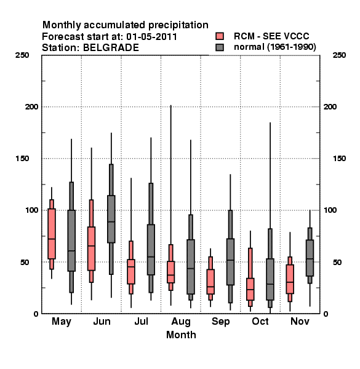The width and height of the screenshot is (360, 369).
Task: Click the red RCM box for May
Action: pyautogui.click(x=52, y=234)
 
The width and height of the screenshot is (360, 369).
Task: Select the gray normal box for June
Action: pyautogui.click(x=111, y=219)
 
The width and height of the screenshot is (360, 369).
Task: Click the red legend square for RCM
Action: pyautogui.click(x=220, y=36)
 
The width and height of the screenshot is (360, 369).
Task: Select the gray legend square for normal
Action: pyautogui.click(x=220, y=47)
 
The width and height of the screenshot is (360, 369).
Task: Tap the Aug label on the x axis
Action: pyautogui.click(x=181, y=322)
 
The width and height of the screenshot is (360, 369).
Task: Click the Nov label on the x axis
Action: pyautogui.click(x=300, y=321)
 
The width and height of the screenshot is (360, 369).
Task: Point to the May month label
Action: pyautogui.click(x=62, y=322)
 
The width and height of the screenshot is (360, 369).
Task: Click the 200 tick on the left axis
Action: pyautogui.click(x=31, y=106)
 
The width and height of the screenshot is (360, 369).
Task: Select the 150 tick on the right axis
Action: pyautogui.click(x=339, y=159)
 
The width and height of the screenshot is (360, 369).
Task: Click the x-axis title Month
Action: pyautogui.click(x=181, y=335)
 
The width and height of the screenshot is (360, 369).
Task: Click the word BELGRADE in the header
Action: pyautogui.click(x=111, y=47)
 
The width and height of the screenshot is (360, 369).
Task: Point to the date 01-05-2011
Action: pyautogui.click(x=151, y=36)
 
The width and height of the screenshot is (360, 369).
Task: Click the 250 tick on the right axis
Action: pyautogui.click(x=339, y=55)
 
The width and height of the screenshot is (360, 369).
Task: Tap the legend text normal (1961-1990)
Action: pyautogui.click(x=274, y=47)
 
